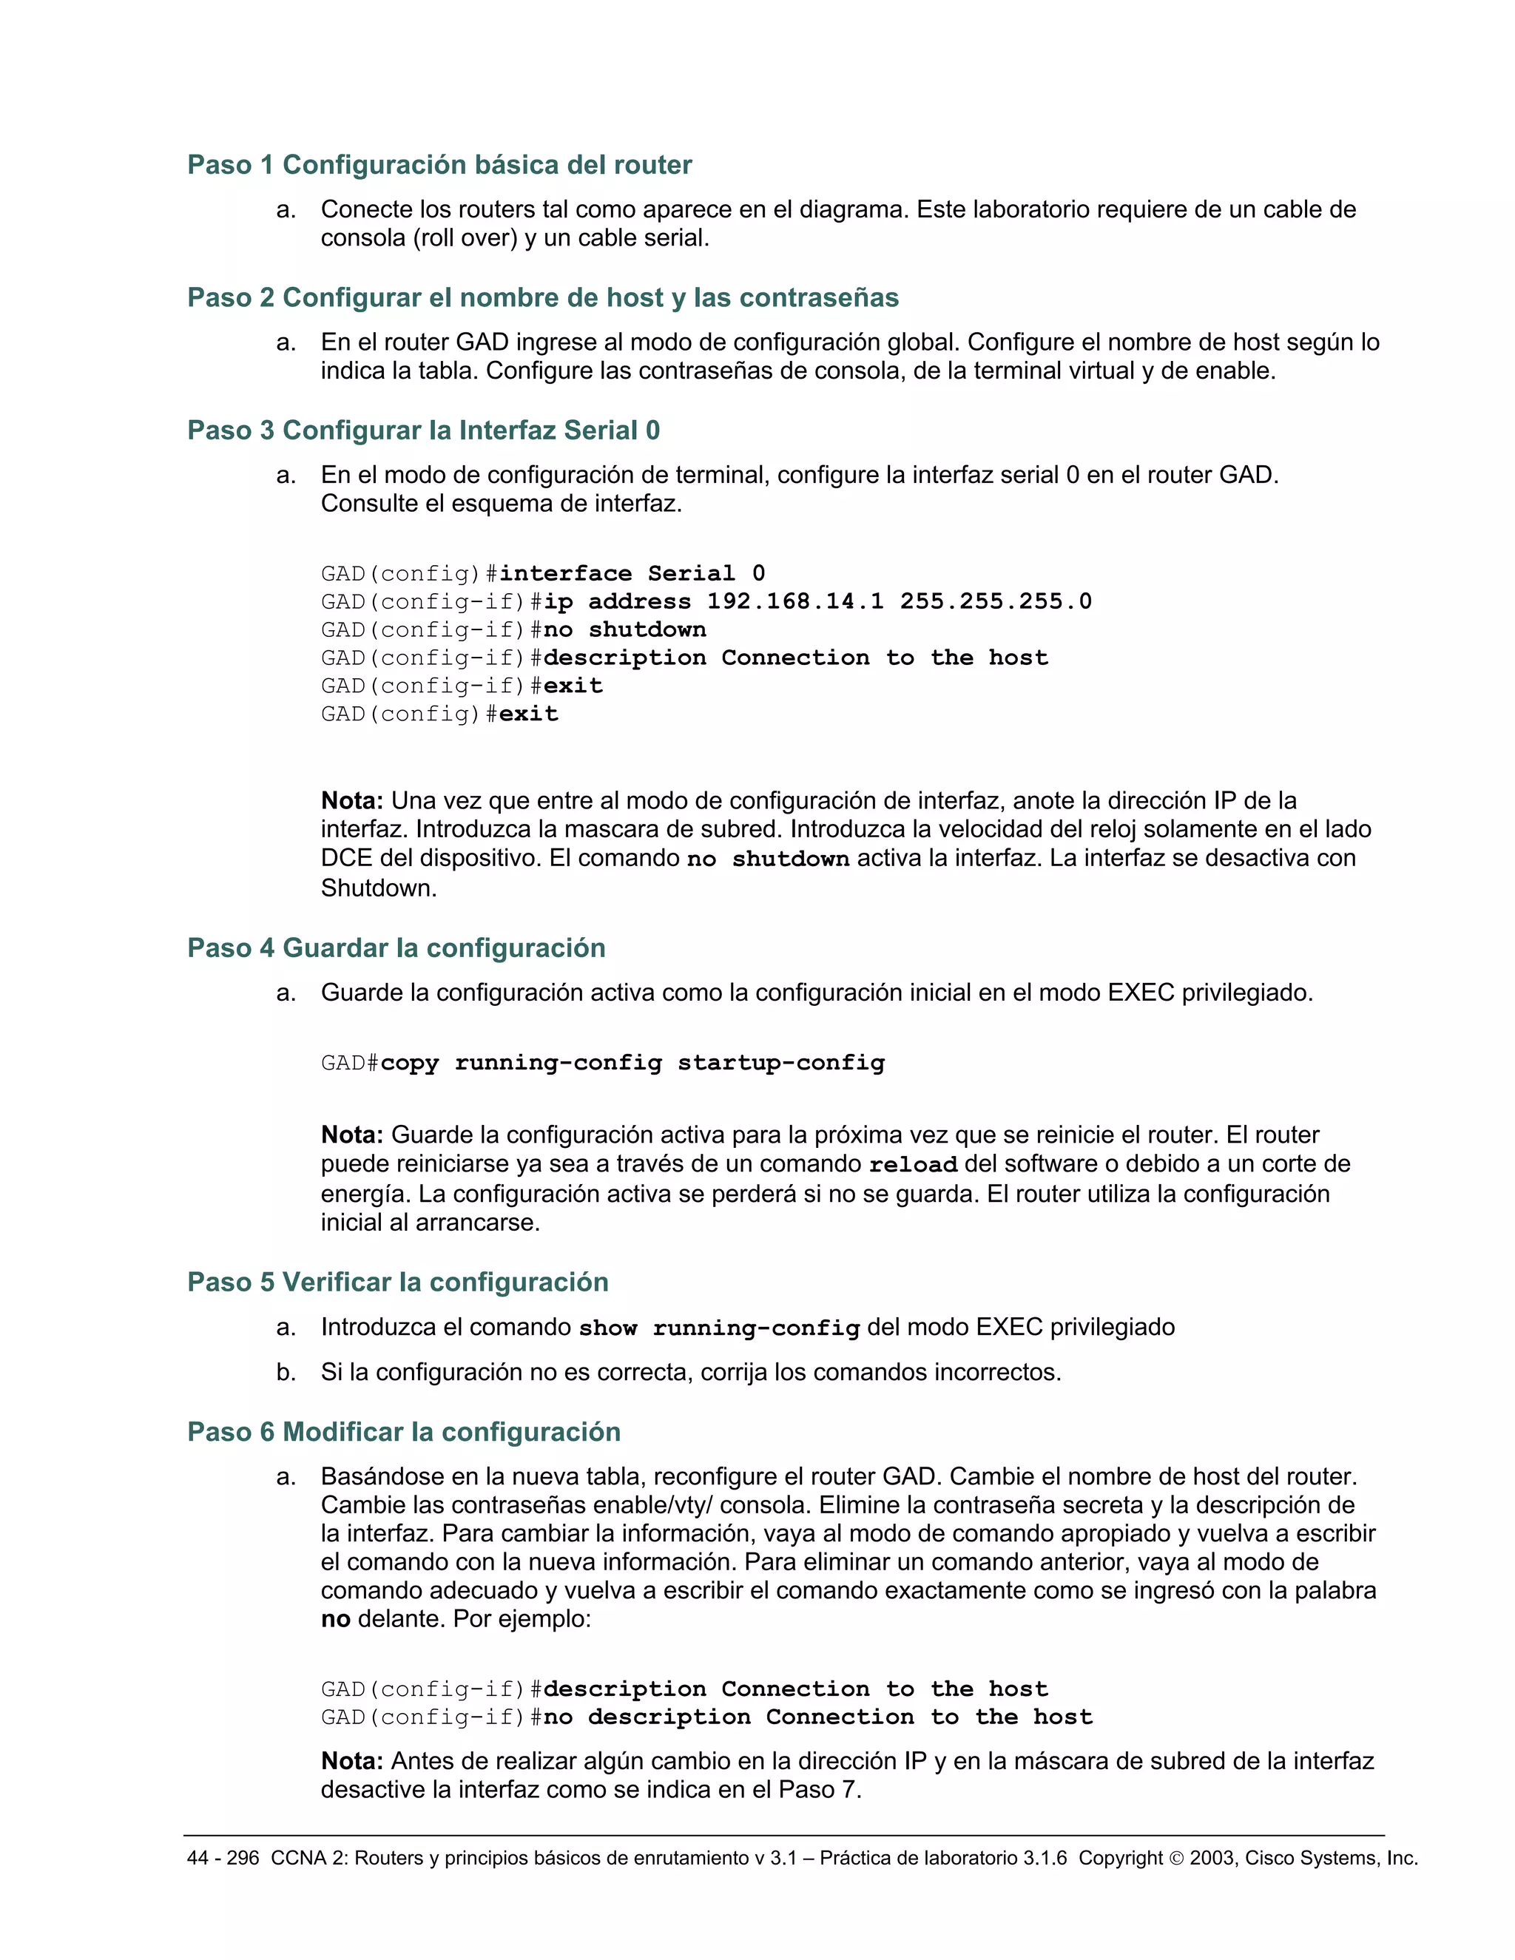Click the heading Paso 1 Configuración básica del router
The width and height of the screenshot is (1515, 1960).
pyautogui.click(x=439, y=165)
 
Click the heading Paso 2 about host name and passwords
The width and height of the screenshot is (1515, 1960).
pyautogui.click(x=542, y=298)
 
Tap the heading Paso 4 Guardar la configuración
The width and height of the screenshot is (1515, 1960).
pyautogui.click(x=396, y=949)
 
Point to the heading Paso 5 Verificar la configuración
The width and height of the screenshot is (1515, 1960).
pyautogui.click(x=397, y=1283)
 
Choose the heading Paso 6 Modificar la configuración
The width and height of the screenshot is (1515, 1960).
pyautogui.click(x=404, y=1433)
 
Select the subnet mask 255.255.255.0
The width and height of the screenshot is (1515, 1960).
pyautogui.click(x=996, y=601)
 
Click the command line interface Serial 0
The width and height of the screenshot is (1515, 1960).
pyautogui.click(x=632, y=573)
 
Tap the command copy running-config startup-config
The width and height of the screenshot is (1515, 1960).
pyautogui.click(x=632, y=1064)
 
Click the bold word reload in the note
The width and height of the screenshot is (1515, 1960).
pyautogui.click(x=913, y=1165)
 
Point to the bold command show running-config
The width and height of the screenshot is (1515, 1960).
pyautogui.click(x=719, y=1328)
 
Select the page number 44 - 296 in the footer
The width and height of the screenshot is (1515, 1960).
pyautogui.click(x=223, y=1859)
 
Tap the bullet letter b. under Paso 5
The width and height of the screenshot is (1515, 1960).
pyautogui.click(x=286, y=1372)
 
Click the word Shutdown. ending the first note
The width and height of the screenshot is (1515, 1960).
pyautogui.click(x=379, y=888)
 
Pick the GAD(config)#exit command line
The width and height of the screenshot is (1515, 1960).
pyautogui.click(x=440, y=714)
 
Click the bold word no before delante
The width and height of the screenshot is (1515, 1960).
pyautogui.click(x=336, y=1620)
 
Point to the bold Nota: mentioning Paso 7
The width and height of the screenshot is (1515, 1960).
pyautogui.click(x=352, y=1762)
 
